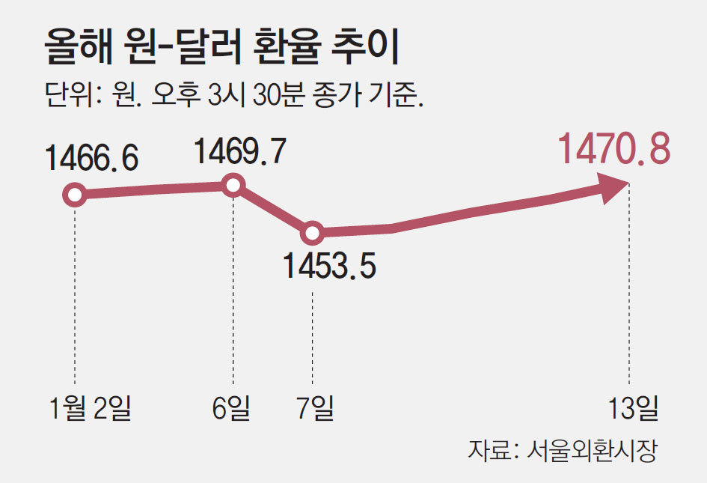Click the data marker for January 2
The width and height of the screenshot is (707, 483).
point(74,196)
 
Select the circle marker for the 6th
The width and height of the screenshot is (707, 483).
point(233,185)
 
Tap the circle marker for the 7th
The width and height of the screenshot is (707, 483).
point(312,233)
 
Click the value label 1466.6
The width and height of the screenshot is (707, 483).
point(92,158)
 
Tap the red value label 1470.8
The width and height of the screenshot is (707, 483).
point(614,150)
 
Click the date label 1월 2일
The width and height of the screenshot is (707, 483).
point(89,408)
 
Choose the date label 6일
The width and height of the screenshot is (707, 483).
point(233,408)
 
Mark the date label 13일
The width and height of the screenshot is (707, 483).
point(634,408)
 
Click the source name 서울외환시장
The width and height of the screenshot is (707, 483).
point(591,450)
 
